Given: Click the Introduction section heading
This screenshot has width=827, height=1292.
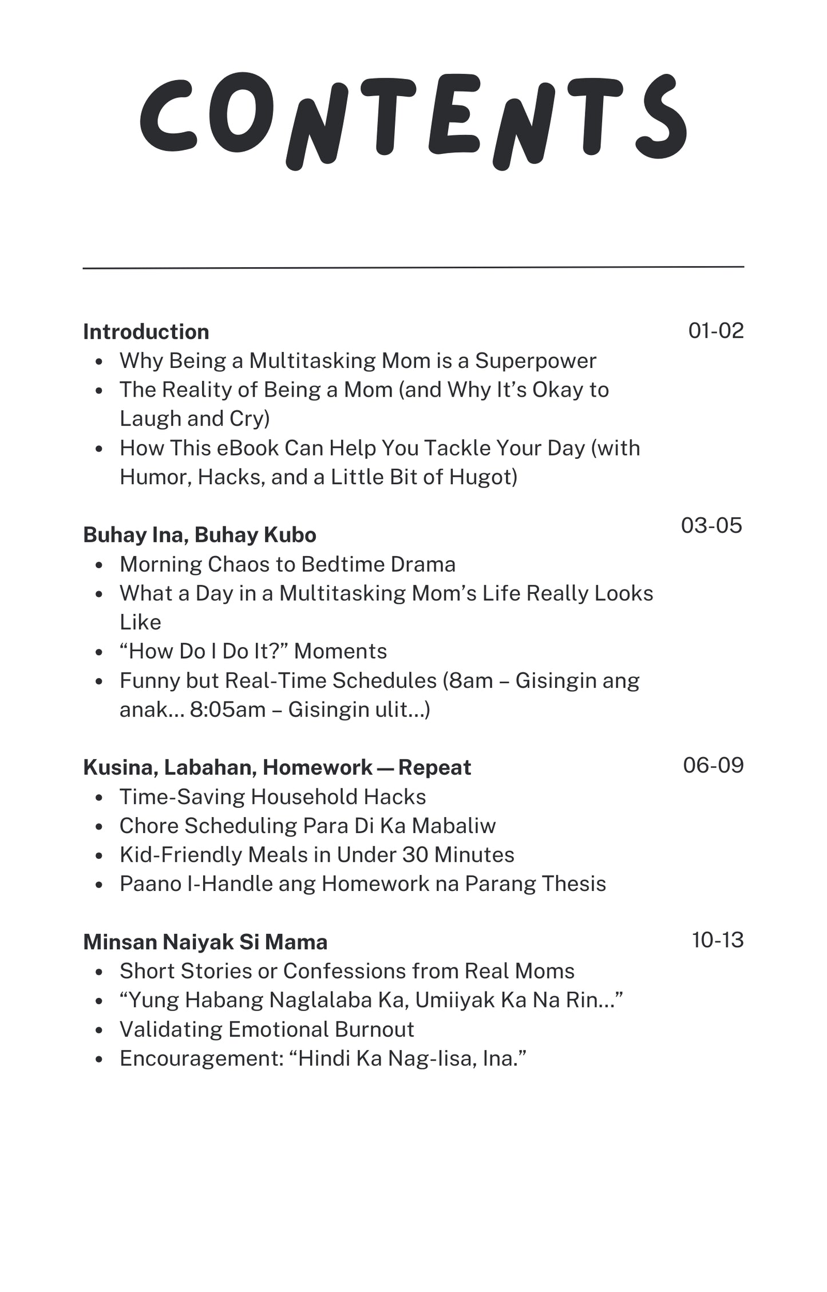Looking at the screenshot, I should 146,332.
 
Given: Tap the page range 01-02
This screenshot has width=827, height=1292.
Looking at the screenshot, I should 715,331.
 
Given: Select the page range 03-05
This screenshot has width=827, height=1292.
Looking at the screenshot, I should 711,525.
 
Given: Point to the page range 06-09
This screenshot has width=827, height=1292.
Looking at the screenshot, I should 713,765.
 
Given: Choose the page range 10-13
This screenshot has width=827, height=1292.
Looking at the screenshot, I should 717,940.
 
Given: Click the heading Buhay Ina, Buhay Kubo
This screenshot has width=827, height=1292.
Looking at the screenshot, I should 199,535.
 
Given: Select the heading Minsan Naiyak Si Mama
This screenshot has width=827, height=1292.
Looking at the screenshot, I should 205,942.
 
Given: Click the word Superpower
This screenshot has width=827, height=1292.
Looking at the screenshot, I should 535,361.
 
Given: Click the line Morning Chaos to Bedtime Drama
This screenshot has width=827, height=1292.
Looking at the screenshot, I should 287,565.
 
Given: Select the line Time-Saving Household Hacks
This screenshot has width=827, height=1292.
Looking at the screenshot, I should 272,797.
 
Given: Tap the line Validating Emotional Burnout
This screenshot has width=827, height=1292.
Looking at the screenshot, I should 266,1029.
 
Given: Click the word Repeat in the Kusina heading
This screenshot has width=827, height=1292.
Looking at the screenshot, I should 434,768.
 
